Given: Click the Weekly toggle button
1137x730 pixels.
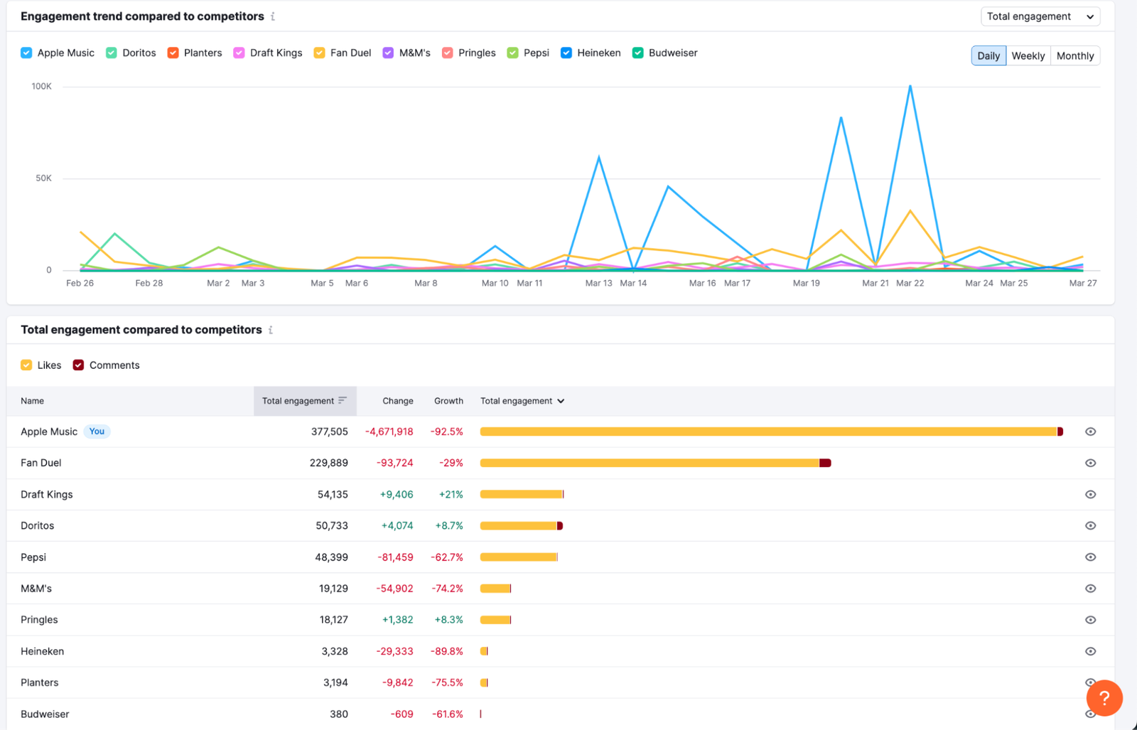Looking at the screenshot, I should pos(1028,55).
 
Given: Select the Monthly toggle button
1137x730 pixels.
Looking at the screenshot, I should pos(1074,55).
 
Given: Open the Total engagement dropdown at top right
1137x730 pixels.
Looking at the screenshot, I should pos(1040,16).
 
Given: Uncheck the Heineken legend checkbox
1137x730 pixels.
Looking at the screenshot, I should pos(566,53).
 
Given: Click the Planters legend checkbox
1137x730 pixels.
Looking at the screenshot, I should pos(173,53).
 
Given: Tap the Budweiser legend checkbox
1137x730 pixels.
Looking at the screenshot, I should pos(638,53).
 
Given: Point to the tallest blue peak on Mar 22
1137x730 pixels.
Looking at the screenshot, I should pos(910,87).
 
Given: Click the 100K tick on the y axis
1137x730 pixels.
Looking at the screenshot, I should pos(41,87).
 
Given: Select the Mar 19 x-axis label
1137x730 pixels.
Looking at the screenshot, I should pos(806,283).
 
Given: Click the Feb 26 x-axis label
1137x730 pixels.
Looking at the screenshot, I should pos(80,283).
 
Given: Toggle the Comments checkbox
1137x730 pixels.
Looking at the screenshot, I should pos(78,365).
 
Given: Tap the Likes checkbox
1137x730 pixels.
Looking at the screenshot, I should pos(26,365).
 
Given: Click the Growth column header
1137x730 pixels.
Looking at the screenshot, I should pos(448,401).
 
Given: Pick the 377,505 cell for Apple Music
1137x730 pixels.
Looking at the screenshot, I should pos(329,431).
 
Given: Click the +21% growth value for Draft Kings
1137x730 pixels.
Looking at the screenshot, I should pos(451,494).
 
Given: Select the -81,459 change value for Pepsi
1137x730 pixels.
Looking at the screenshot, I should pos(395,557).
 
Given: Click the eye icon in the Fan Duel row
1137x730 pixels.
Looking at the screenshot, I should pos(1090,463).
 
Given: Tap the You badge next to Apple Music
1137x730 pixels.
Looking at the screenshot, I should pos(97,431).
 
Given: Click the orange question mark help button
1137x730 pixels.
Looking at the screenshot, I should pos(1104,698).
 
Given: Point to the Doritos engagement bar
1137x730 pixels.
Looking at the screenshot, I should pos(520,526).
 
